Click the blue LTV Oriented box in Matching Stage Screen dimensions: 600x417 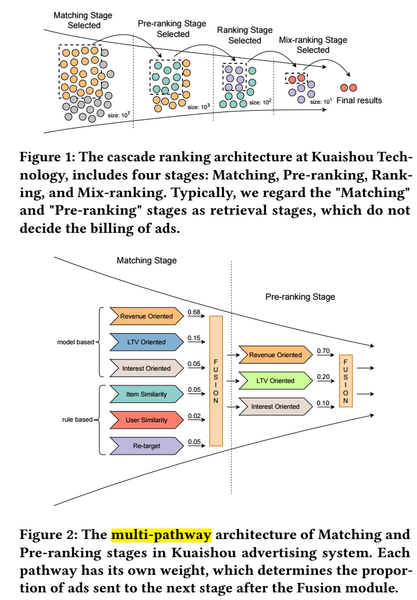pyautogui.click(x=146, y=342)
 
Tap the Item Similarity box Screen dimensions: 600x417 pyautogui.click(x=146, y=394)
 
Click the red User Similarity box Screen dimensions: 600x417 pyautogui.click(x=146, y=420)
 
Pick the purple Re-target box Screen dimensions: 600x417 pyautogui.click(x=146, y=446)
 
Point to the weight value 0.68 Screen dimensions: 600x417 pyautogui.click(x=194, y=312)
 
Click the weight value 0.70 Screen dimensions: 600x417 pyautogui.click(x=323, y=351)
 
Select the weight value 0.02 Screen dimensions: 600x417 pyautogui.click(x=194, y=416)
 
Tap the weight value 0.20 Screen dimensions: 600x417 pyautogui.click(x=323, y=377)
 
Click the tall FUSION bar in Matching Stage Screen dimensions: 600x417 pyautogui.click(x=216, y=381)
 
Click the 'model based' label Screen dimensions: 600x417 pyautogui.click(x=74, y=342)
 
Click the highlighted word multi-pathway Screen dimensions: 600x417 pyautogui.click(x=162, y=534)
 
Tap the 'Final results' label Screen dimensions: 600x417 pyautogui.click(x=363, y=100)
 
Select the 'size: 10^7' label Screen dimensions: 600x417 pyautogui.click(x=118, y=115)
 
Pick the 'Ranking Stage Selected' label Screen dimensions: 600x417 pyautogui.click(x=245, y=35)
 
